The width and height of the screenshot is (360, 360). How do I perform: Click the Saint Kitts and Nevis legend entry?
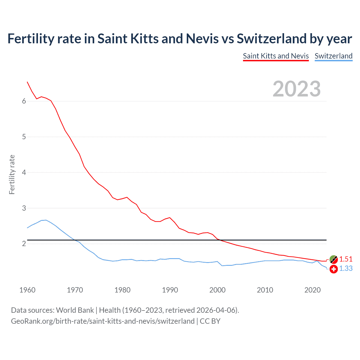click(276, 56)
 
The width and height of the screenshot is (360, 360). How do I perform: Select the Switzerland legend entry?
click(333, 56)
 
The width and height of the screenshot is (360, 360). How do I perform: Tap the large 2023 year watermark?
click(296, 89)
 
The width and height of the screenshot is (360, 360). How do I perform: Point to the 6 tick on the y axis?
click(24, 101)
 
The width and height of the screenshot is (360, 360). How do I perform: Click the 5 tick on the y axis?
click(24, 137)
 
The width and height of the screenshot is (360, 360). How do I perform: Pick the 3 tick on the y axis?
click(24, 208)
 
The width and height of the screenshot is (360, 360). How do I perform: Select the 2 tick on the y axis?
click(24, 244)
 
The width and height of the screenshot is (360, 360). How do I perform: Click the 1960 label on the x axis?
click(27, 290)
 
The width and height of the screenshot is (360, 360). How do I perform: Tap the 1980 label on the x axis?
click(122, 290)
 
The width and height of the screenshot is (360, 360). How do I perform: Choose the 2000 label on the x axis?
click(217, 290)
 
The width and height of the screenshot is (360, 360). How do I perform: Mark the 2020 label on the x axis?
click(312, 290)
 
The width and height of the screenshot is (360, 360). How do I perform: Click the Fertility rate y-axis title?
click(12, 174)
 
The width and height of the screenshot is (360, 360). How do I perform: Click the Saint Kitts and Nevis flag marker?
click(333, 259)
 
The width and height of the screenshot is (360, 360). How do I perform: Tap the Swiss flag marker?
click(333, 269)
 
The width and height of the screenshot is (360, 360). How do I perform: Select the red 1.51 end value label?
click(346, 259)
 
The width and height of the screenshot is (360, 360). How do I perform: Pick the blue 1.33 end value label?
click(346, 269)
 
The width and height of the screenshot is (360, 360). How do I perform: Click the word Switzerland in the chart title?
click(271, 39)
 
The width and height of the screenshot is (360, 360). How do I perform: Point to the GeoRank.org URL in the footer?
click(103, 321)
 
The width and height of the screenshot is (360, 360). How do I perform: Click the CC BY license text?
click(210, 321)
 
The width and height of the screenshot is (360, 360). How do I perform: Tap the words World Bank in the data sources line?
click(75, 310)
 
